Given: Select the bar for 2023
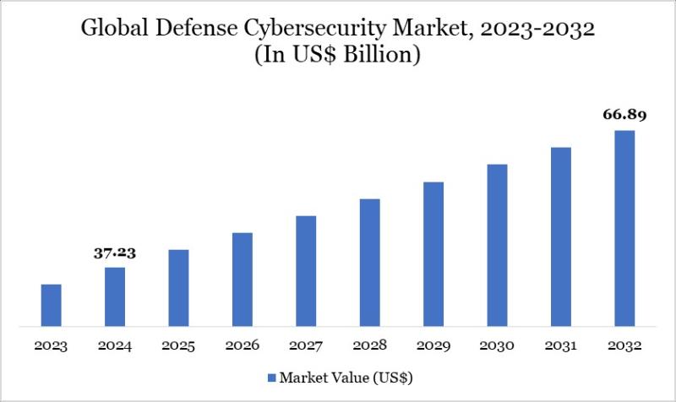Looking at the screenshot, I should pyautogui.click(x=52, y=305).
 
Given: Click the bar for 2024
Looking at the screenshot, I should pyautogui.click(x=115, y=296).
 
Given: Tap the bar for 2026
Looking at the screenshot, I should pyautogui.click(x=243, y=279).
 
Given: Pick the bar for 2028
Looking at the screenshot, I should pyautogui.click(x=370, y=262).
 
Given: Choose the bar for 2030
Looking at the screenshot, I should pyautogui.click(x=497, y=245).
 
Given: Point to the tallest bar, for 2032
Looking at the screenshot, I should pyautogui.click(x=624, y=228).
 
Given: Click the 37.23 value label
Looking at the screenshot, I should pyautogui.click(x=115, y=253).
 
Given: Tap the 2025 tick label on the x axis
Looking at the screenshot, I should pyautogui.click(x=179, y=345).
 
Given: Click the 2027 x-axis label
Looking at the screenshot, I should pyautogui.click(x=306, y=345).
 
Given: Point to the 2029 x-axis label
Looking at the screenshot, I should pyautogui.click(x=433, y=345).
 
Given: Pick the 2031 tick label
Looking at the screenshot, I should pyautogui.click(x=561, y=345).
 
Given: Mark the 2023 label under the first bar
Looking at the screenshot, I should pyautogui.click(x=52, y=345).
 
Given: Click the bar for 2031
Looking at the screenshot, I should pyautogui.click(x=561, y=236).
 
